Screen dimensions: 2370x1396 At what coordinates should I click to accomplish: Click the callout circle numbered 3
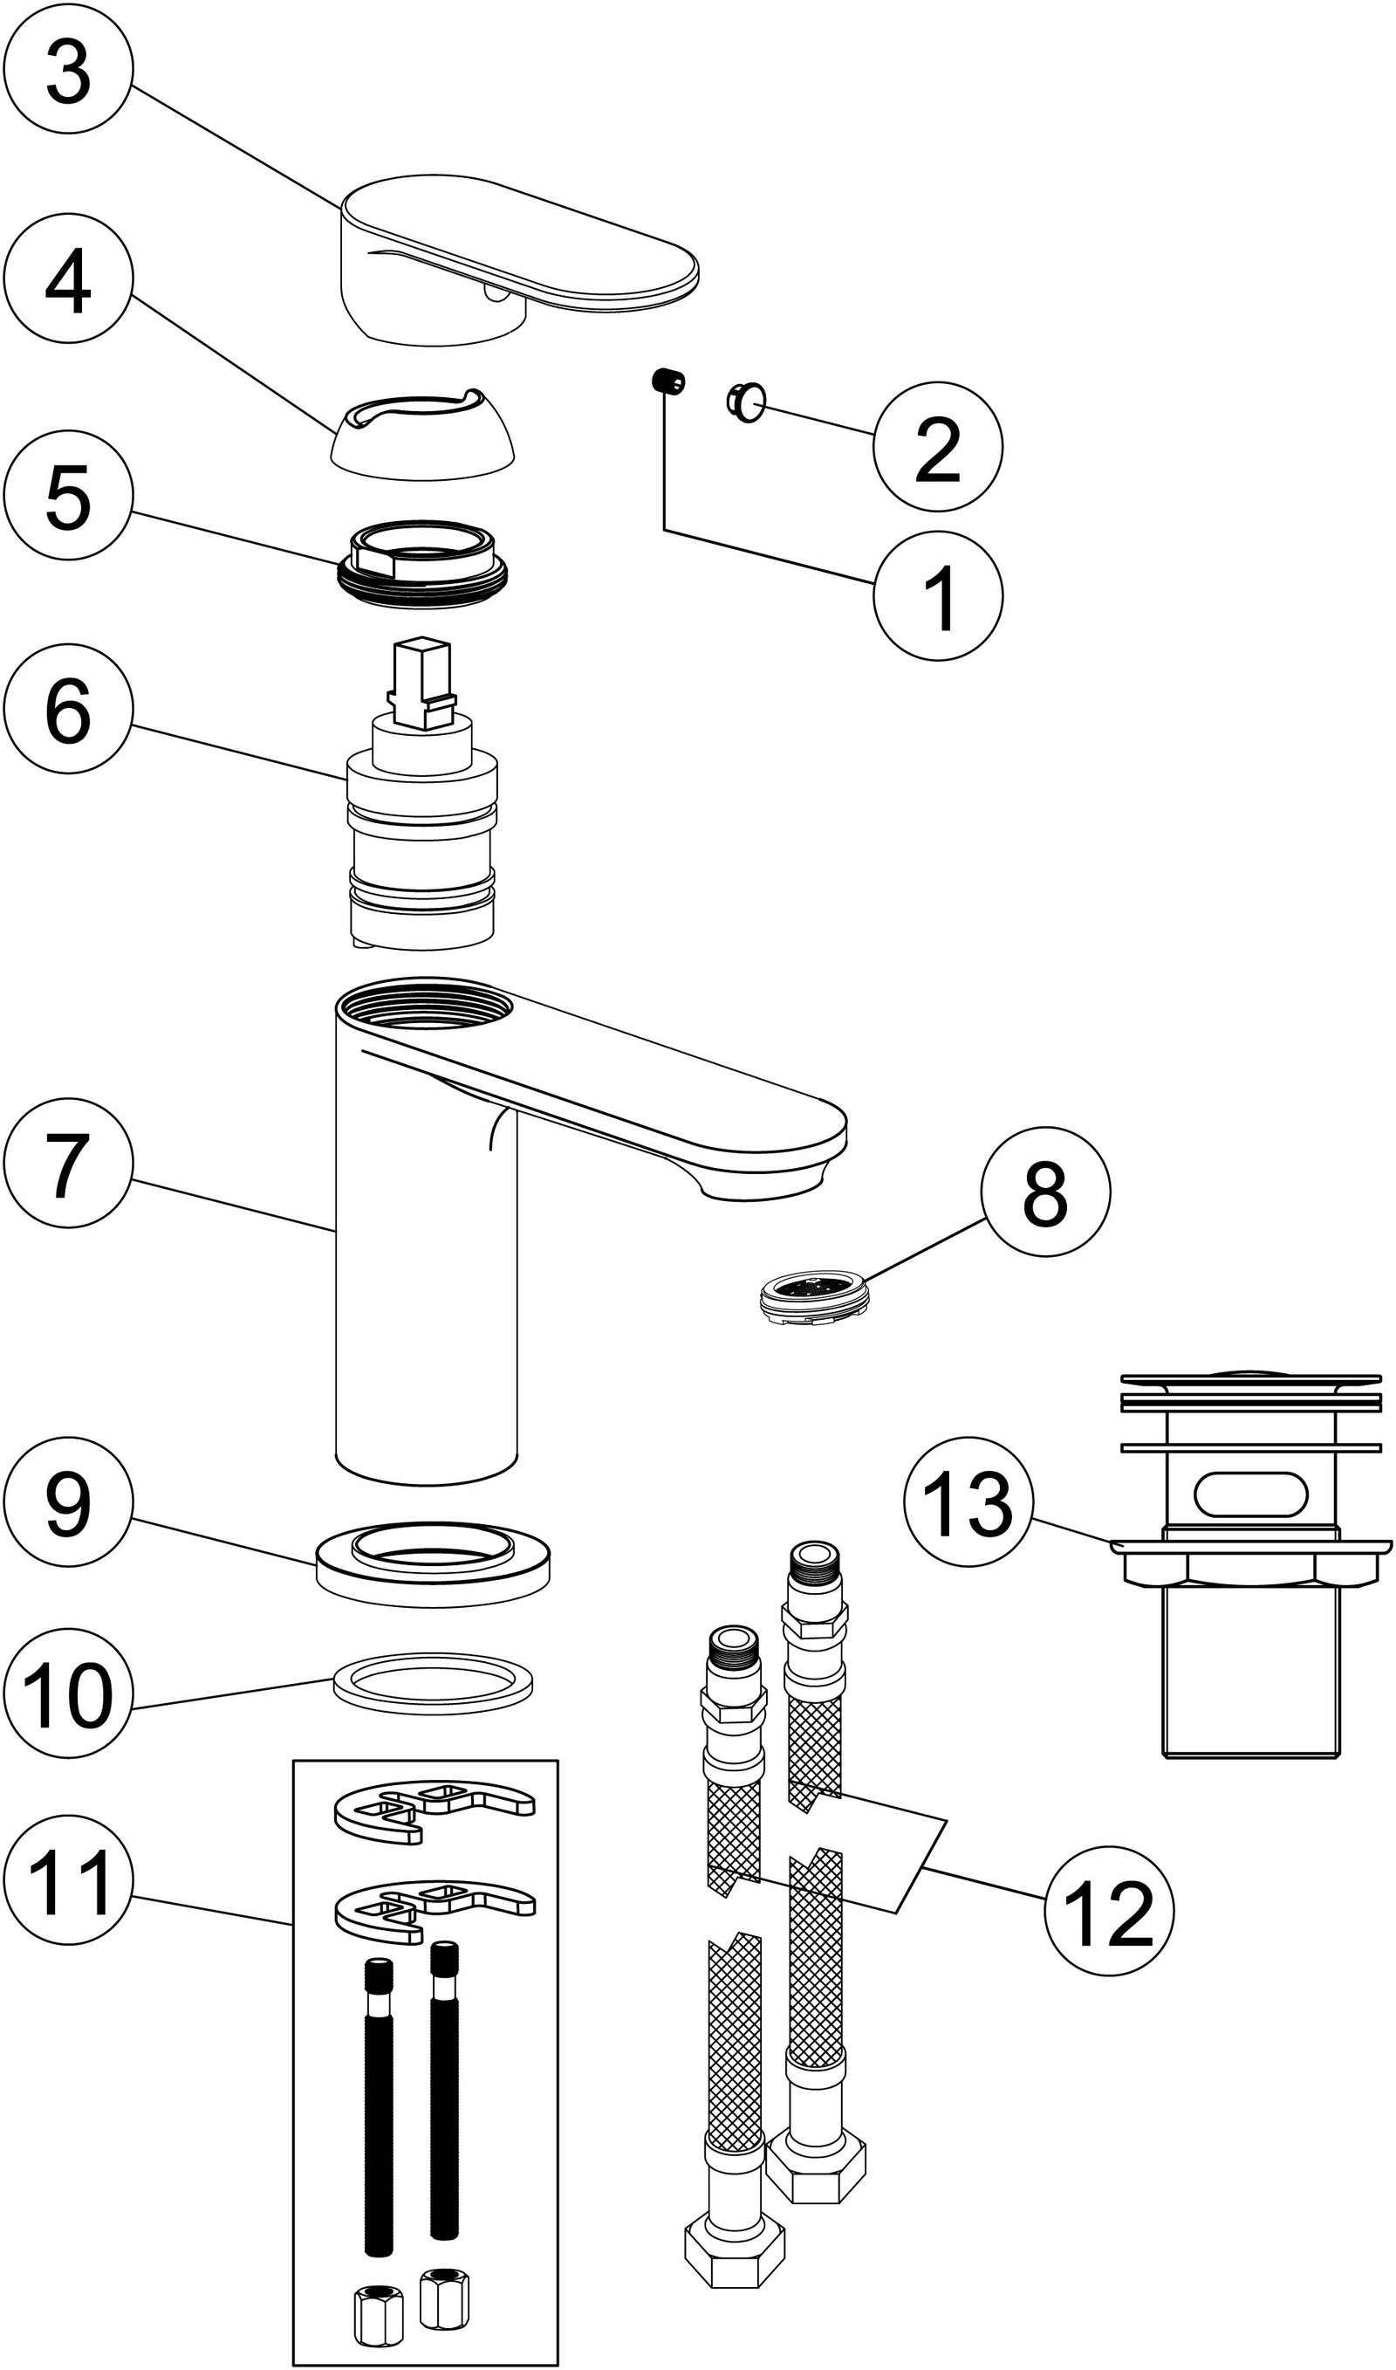(x=68, y=69)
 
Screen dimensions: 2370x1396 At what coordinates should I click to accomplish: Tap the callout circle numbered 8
(x=1045, y=1192)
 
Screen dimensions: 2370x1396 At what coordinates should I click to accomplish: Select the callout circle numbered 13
(x=968, y=1501)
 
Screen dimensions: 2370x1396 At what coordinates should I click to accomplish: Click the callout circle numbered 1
(x=938, y=595)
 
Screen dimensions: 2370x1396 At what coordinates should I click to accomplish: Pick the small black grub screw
(x=667, y=382)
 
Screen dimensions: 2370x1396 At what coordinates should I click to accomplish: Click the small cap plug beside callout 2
(x=746, y=403)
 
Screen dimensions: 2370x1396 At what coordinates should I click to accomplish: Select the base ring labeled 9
(x=433, y=1563)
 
